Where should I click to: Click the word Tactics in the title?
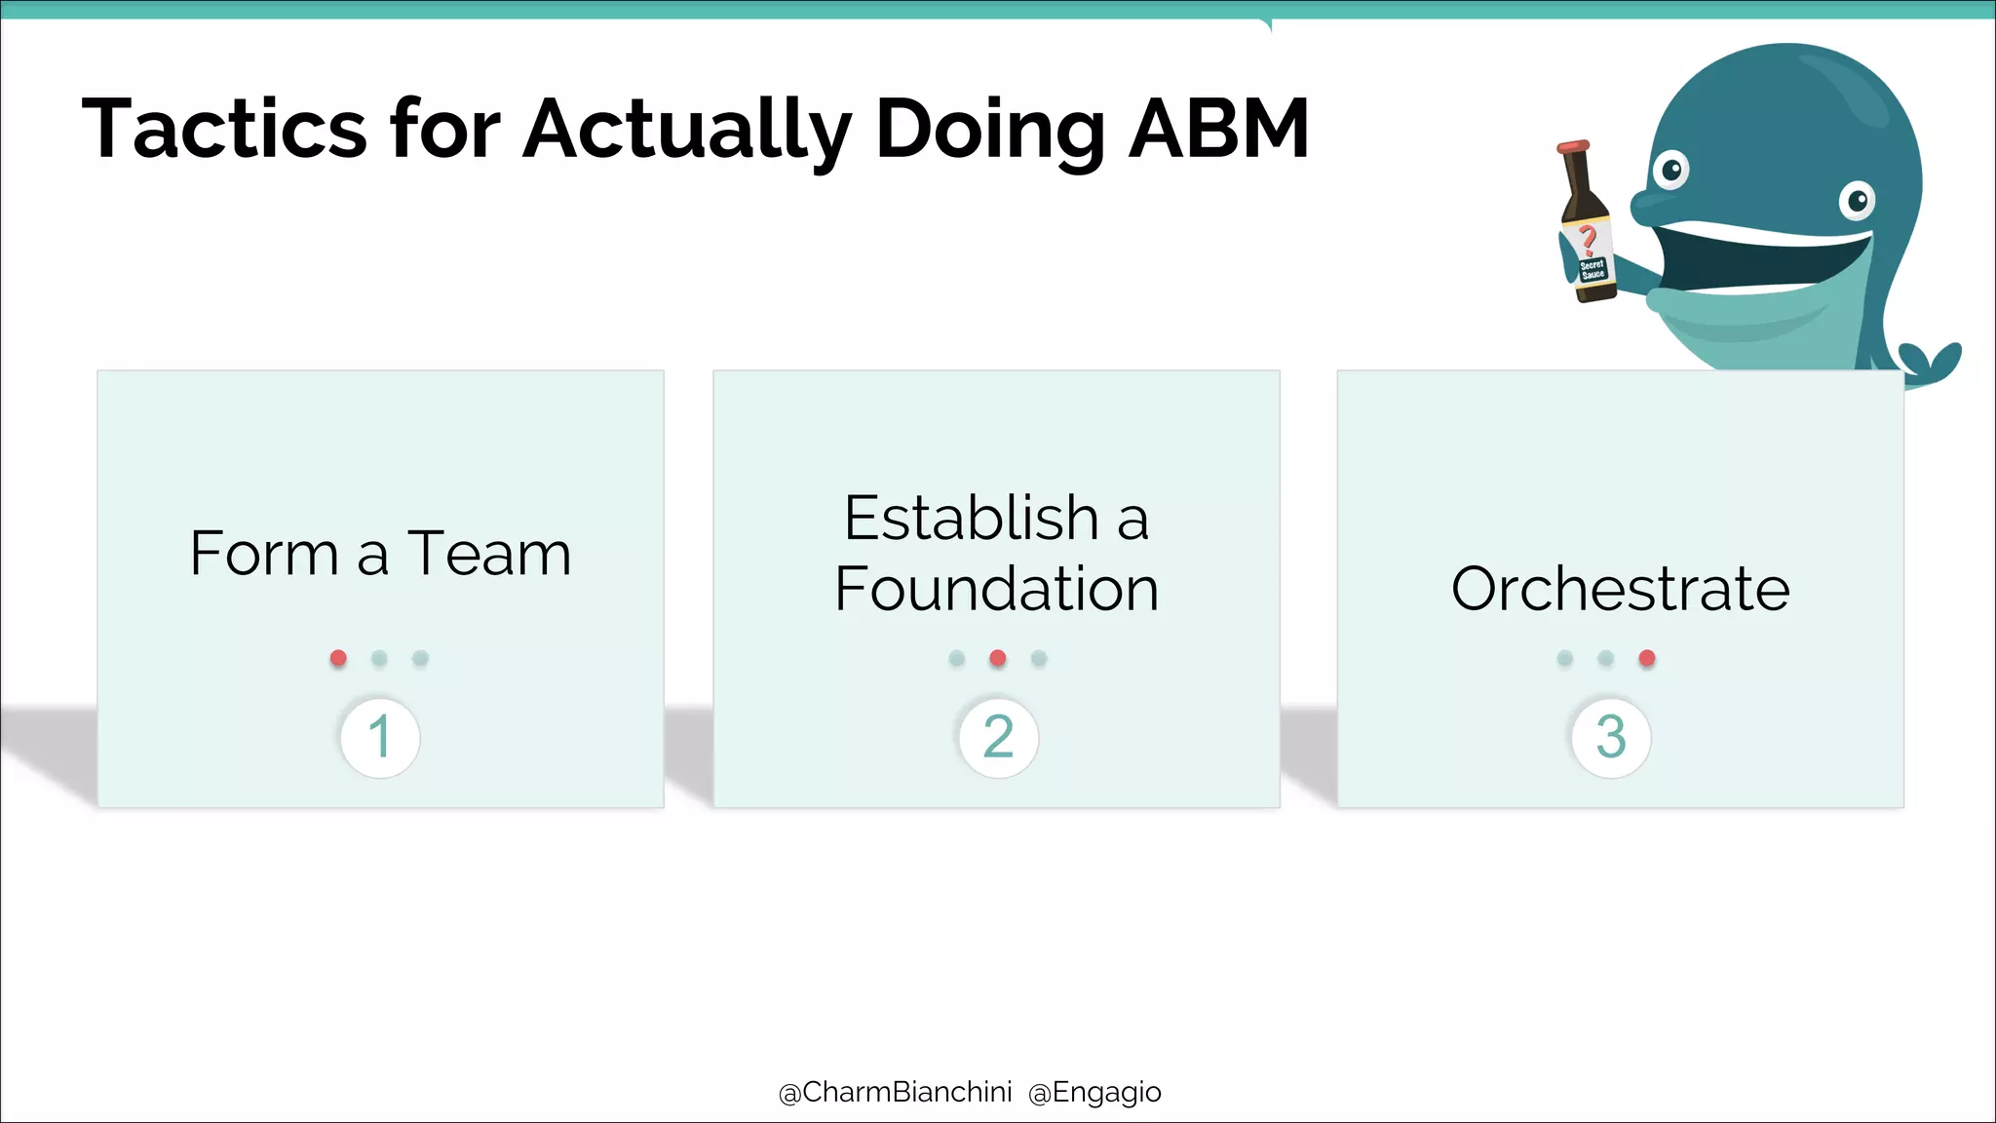point(224,130)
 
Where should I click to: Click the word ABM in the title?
point(1218,130)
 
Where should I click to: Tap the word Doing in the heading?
point(990,130)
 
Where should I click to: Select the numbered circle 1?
point(380,737)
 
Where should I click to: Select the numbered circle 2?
point(998,737)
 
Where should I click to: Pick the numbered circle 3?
point(1611,737)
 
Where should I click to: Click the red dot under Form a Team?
point(338,658)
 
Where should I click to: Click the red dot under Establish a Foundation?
point(998,658)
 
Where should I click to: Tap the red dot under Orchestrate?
point(1647,658)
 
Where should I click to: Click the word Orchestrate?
point(1620,589)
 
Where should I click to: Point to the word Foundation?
point(996,589)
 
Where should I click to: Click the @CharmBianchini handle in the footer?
point(895,1093)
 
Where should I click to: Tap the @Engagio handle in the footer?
point(1094,1093)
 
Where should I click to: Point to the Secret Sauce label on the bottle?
point(1593,269)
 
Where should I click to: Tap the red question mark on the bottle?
point(1588,238)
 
